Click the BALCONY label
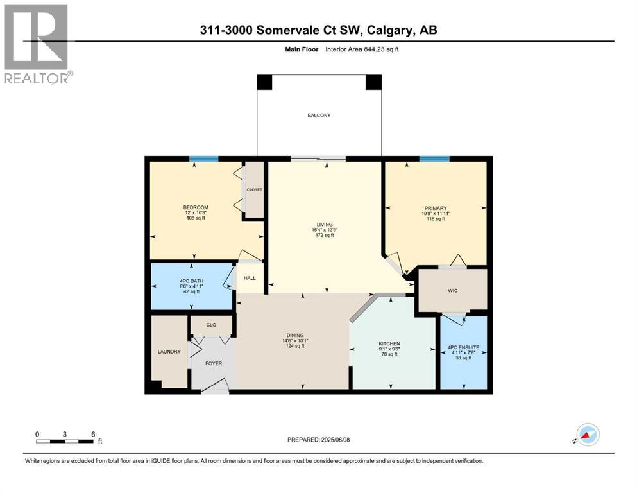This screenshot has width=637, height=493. tap(318, 116)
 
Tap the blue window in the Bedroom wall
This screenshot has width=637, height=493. tap(203, 159)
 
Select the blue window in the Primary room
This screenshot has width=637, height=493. tap(434, 159)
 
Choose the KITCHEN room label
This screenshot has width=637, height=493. tap(389, 343)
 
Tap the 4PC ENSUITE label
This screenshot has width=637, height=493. tap(463, 347)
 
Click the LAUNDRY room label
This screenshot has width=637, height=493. tap(169, 351)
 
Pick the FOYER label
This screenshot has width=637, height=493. tap(214, 363)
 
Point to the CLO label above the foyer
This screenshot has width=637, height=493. tap(211, 325)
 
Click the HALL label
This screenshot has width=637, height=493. tap(249, 279)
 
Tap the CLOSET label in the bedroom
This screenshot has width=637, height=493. tap(255, 190)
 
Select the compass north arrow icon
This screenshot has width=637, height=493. tap(587, 435)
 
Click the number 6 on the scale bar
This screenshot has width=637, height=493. tap(94, 434)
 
